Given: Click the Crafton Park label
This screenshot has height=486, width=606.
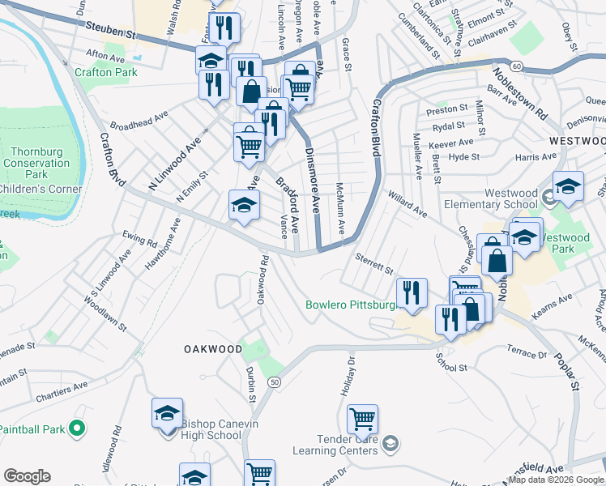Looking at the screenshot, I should (105, 72).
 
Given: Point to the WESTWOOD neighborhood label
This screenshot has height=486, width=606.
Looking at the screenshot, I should (576, 141).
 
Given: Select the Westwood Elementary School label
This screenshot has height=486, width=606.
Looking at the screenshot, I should (521, 199).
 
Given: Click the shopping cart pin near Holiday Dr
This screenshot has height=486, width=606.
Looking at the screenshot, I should (362, 420).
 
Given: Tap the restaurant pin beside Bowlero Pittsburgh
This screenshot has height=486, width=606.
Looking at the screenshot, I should (412, 293).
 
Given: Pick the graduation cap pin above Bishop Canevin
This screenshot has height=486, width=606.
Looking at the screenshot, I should (167, 413).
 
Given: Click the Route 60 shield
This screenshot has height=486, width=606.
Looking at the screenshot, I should (515, 65).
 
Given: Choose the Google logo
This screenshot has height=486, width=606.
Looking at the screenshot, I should (27, 476).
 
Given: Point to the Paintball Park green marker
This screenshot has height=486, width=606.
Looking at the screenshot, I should (77, 427).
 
